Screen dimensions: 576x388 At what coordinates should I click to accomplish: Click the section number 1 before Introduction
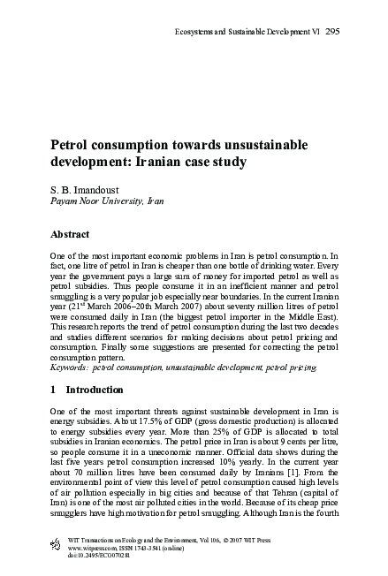(51, 389)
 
